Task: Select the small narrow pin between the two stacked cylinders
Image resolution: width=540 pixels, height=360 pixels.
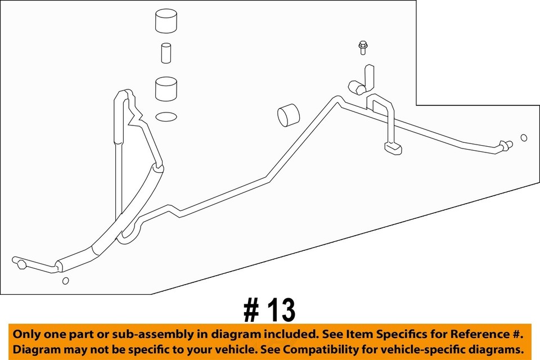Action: point(165,53)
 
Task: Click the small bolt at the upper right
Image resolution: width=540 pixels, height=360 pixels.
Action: point(362,47)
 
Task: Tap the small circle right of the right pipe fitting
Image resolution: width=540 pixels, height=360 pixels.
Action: point(524,138)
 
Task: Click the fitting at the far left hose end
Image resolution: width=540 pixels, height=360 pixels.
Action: point(20,262)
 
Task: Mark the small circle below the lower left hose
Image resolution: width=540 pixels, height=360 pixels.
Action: point(65,281)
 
